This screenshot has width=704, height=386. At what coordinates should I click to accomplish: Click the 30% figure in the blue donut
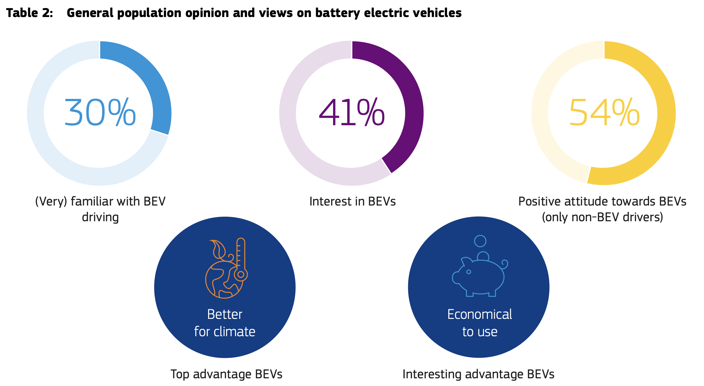point(100,113)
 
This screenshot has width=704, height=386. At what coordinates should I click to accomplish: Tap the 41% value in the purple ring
point(351,113)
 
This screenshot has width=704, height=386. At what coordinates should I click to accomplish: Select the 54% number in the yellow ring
point(604,113)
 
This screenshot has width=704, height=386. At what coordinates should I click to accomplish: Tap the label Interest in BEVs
point(352,202)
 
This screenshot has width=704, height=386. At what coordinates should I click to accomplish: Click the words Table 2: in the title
point(30,13)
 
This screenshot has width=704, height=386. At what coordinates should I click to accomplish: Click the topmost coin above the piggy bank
point(480,241)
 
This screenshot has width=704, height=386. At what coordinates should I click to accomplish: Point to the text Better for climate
point(224,323)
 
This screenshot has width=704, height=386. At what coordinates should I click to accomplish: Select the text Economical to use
point(480,323)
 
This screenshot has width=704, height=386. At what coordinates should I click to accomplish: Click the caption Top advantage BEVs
point(226,374)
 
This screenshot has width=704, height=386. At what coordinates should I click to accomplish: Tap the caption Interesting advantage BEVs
point(478,374)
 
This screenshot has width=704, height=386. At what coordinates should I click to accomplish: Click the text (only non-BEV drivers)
point(602,217)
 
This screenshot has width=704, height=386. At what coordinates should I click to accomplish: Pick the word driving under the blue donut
point(100,217)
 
